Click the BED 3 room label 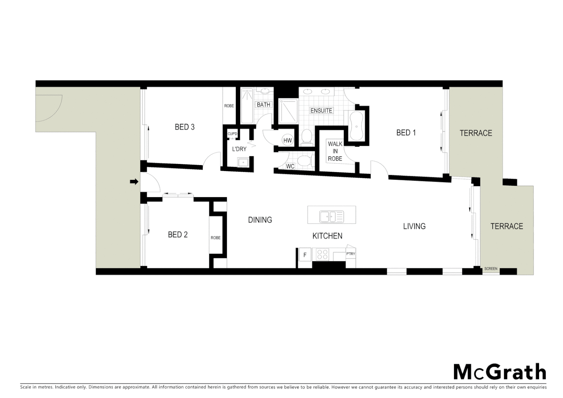(x=184, y=127)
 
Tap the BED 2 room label (x=178, y=235)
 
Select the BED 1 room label (x=406, y=133)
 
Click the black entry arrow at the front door (x=134, y=182)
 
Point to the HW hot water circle (x=287, y=140)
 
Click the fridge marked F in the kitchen (x=305, y=255)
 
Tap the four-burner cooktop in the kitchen (x=322, y=255)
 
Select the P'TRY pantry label (x=350, y=254)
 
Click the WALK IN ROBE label (x=335, y=151)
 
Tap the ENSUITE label (x=321, y=111)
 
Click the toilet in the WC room (x=305, y=161)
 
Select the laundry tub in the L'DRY (x=243, y=162)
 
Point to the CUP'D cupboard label (x=232, y=134)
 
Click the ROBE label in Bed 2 (x=216, y=238)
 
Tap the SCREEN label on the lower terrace (x=490, y=269)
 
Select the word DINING (x=260, y=220)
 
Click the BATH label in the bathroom (x=263, y=105)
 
